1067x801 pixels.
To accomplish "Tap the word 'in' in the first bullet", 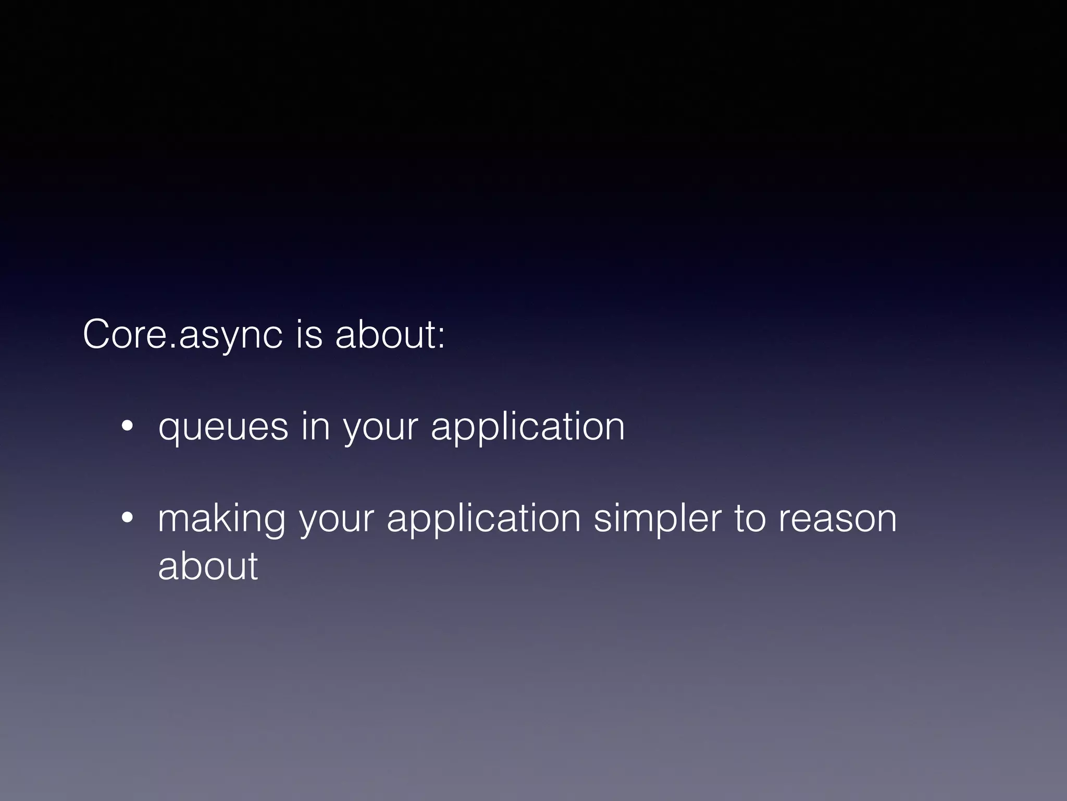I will point(315,427).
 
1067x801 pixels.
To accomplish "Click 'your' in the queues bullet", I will point(380,429).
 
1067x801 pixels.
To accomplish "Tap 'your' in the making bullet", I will point(337,520).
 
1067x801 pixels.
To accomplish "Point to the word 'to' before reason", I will point(750,519).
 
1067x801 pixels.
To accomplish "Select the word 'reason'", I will point(837,520).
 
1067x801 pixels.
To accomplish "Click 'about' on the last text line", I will point(207,566).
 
